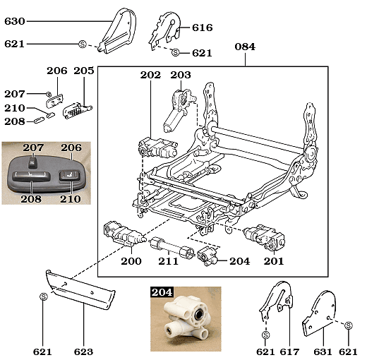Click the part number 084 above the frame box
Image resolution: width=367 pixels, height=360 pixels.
point(244,47)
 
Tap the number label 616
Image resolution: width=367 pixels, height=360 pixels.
point(202,28)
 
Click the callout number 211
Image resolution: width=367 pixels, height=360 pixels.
point(168,261)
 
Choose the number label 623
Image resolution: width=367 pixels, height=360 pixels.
point(83,351)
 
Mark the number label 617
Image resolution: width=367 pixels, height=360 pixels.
point(289,351)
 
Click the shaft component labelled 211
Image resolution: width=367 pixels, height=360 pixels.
point(169,248)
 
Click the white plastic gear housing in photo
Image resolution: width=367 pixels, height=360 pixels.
point(186,321)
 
